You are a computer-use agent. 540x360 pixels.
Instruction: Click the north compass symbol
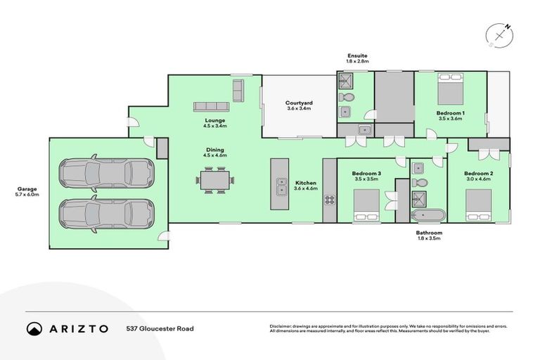tap(499, 34)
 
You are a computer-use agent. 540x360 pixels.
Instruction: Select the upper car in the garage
tap(105, 172)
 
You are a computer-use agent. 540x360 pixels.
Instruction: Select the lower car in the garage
tap(105, 211)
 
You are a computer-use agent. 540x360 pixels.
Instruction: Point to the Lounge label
tap(214, 120)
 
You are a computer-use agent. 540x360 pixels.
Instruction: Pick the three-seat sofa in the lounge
tap(212, 106)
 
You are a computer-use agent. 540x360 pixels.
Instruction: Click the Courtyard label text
tap(299, 103)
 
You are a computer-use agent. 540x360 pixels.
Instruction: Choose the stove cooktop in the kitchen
tap(329, 199)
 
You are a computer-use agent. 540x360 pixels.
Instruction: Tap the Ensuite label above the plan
tap(357, 56)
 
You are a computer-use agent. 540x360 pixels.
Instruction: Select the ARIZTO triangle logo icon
tap(34, 328)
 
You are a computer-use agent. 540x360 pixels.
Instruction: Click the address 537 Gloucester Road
tap(160, 328)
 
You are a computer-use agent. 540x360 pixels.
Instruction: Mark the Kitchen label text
tap(305, 182)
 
